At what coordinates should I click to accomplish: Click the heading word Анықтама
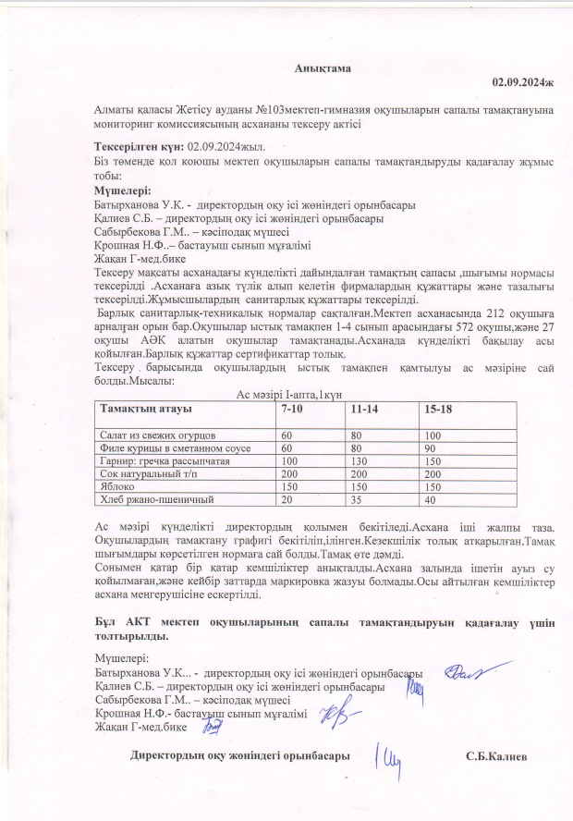pos(323,69)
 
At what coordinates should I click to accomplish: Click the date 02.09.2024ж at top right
pos(522,83)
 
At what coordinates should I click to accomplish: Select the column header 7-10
pos(294,409)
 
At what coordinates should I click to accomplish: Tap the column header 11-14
pos(362,409)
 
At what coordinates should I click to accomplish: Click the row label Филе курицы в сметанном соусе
pos(169,447)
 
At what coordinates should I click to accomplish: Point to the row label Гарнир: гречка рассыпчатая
pos(163,460)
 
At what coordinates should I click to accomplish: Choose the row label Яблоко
pos(116,486)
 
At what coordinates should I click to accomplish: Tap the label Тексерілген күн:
pos(140,146)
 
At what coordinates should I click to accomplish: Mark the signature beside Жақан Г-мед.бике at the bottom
pos(213,727)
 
